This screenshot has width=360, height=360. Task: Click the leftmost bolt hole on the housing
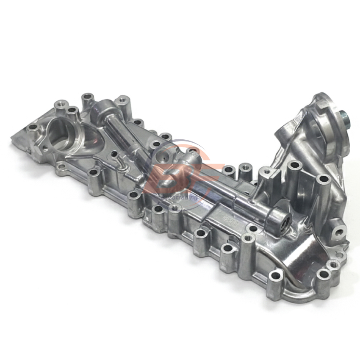click(32, 127)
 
